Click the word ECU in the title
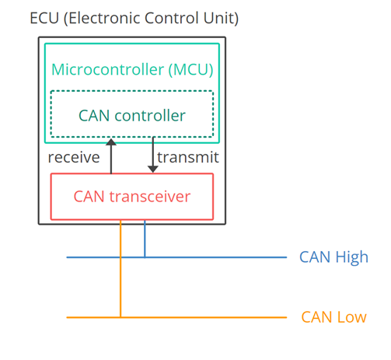(44, 18)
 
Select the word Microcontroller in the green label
(108, 69)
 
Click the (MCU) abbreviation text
(191, 70)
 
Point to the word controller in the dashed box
(150, 115)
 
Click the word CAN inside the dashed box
(94, 116)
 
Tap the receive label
(74, 157)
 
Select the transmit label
(188, 157)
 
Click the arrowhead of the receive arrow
(111, 142)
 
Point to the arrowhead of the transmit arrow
(153, 170)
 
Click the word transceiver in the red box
(150, 197)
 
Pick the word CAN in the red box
(89, 197)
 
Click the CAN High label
(333, 257)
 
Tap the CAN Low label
(333, 317)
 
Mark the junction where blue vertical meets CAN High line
(145, 257)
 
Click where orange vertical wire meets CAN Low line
(120, 317)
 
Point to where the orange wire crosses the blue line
(120, 257)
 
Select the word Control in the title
(172, 18)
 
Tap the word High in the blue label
(352, 257)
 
